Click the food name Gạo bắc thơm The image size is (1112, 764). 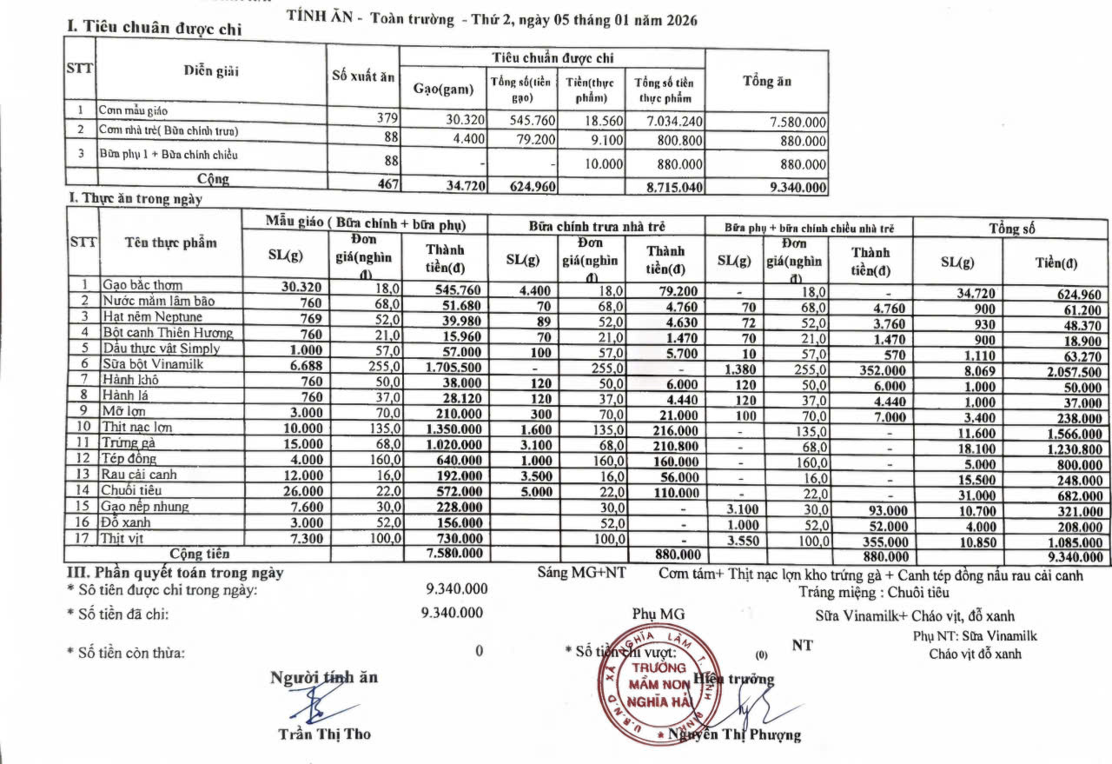142,285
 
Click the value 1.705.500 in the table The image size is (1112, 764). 453,365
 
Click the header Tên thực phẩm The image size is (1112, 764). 171,242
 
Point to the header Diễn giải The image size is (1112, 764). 211,71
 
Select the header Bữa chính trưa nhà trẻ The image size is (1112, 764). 598,226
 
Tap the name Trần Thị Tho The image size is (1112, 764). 324,734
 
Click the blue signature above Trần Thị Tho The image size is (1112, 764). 314,701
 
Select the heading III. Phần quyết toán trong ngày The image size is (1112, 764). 175,574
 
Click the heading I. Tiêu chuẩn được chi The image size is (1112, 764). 155,28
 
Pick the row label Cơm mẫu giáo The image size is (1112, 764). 133,111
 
